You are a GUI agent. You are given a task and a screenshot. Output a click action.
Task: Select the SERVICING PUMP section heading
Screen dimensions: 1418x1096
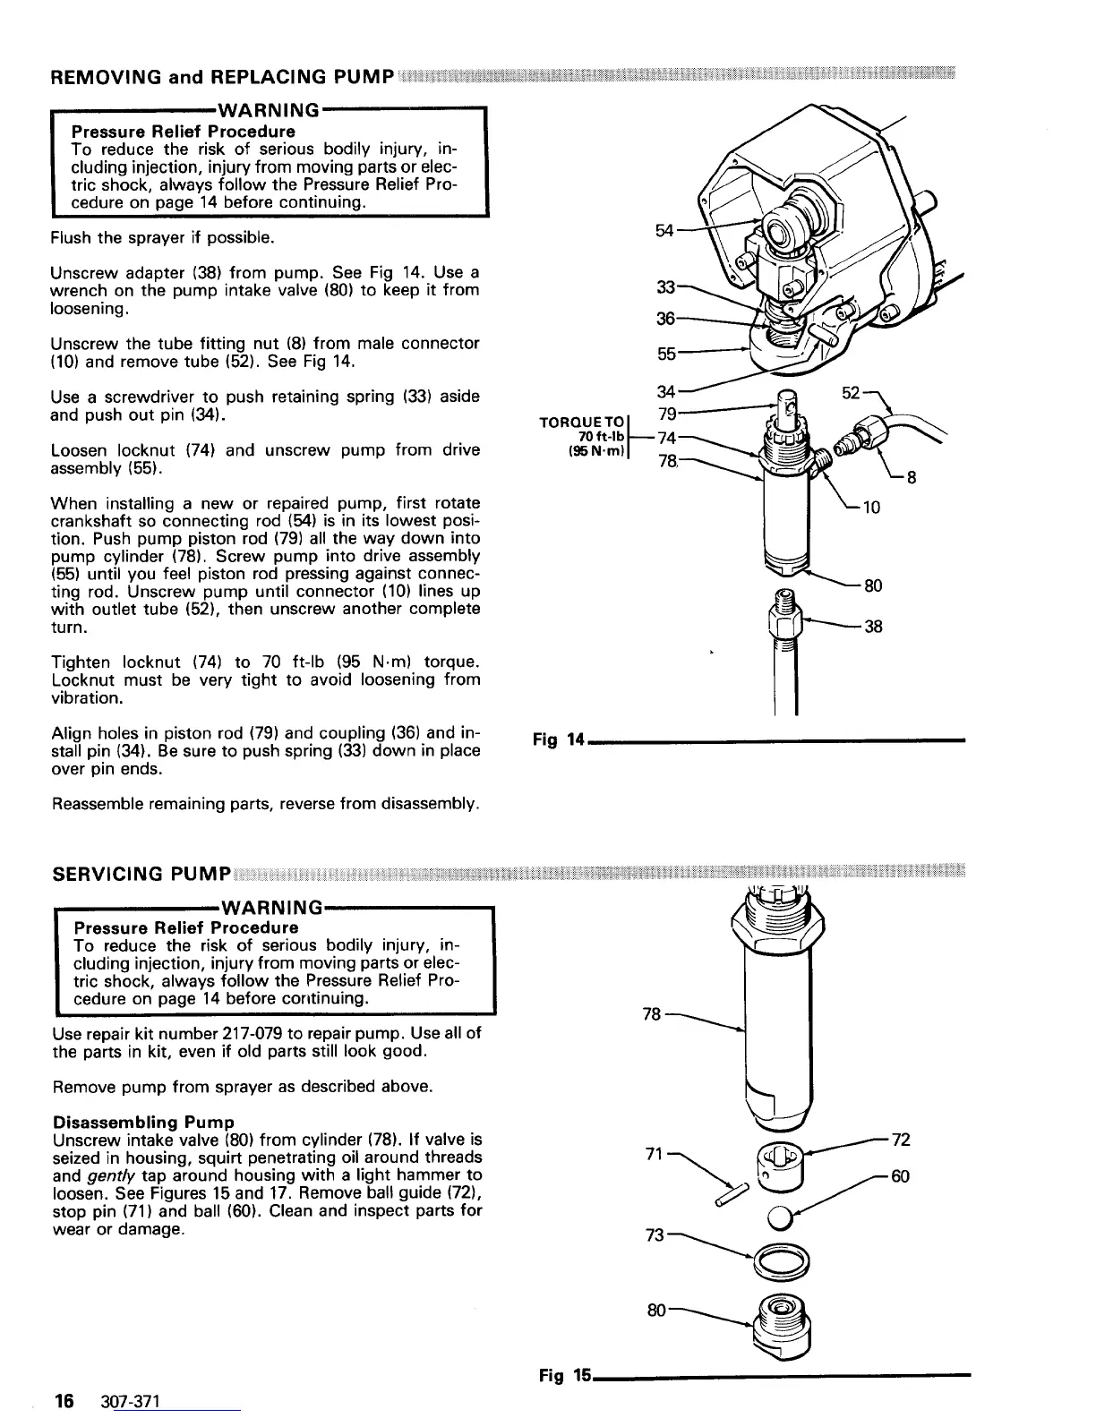(142, 873)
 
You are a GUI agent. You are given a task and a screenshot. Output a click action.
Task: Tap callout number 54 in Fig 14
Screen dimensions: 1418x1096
(664, 231)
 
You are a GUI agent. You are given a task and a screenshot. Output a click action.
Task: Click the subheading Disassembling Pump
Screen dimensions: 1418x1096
(144, 1122)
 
